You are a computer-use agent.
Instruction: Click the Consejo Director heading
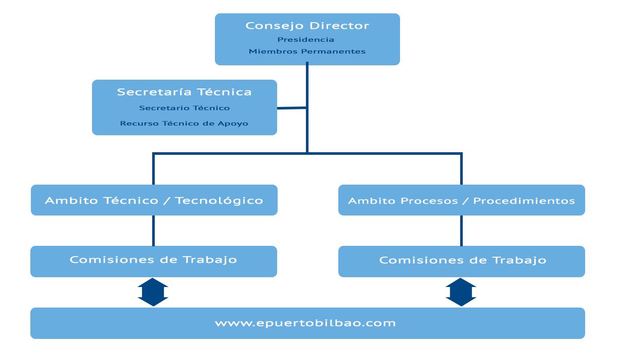[307, 26]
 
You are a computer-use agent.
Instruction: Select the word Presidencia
[306, 40]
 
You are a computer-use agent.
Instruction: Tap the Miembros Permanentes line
[307, 51]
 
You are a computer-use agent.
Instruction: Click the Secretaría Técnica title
[184, 92]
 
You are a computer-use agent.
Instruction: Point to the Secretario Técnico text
[184, 108]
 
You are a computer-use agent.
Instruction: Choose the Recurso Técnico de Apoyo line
[184, 123]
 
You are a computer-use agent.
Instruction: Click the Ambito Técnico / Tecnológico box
[154, 200]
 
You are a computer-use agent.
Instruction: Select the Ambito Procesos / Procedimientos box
[462, 200]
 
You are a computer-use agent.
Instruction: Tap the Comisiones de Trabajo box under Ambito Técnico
[154, 261]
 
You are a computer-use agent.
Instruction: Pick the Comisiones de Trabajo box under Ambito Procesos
[462, 261]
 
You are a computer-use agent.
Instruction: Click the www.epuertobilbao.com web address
[305, 323]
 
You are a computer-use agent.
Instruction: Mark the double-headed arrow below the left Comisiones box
[153, 292]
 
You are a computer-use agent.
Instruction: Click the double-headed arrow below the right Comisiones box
[461, 292]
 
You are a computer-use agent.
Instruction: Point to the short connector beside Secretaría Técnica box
[292, 108]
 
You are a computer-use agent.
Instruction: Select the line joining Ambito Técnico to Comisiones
[153, 230]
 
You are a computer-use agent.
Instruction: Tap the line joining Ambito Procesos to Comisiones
[461, 230]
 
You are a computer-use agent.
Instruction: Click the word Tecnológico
[219, 201]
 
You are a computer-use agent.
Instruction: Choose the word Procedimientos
[524, 201]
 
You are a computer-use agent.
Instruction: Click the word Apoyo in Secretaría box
[233, 123]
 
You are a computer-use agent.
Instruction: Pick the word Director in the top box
[339, 26]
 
